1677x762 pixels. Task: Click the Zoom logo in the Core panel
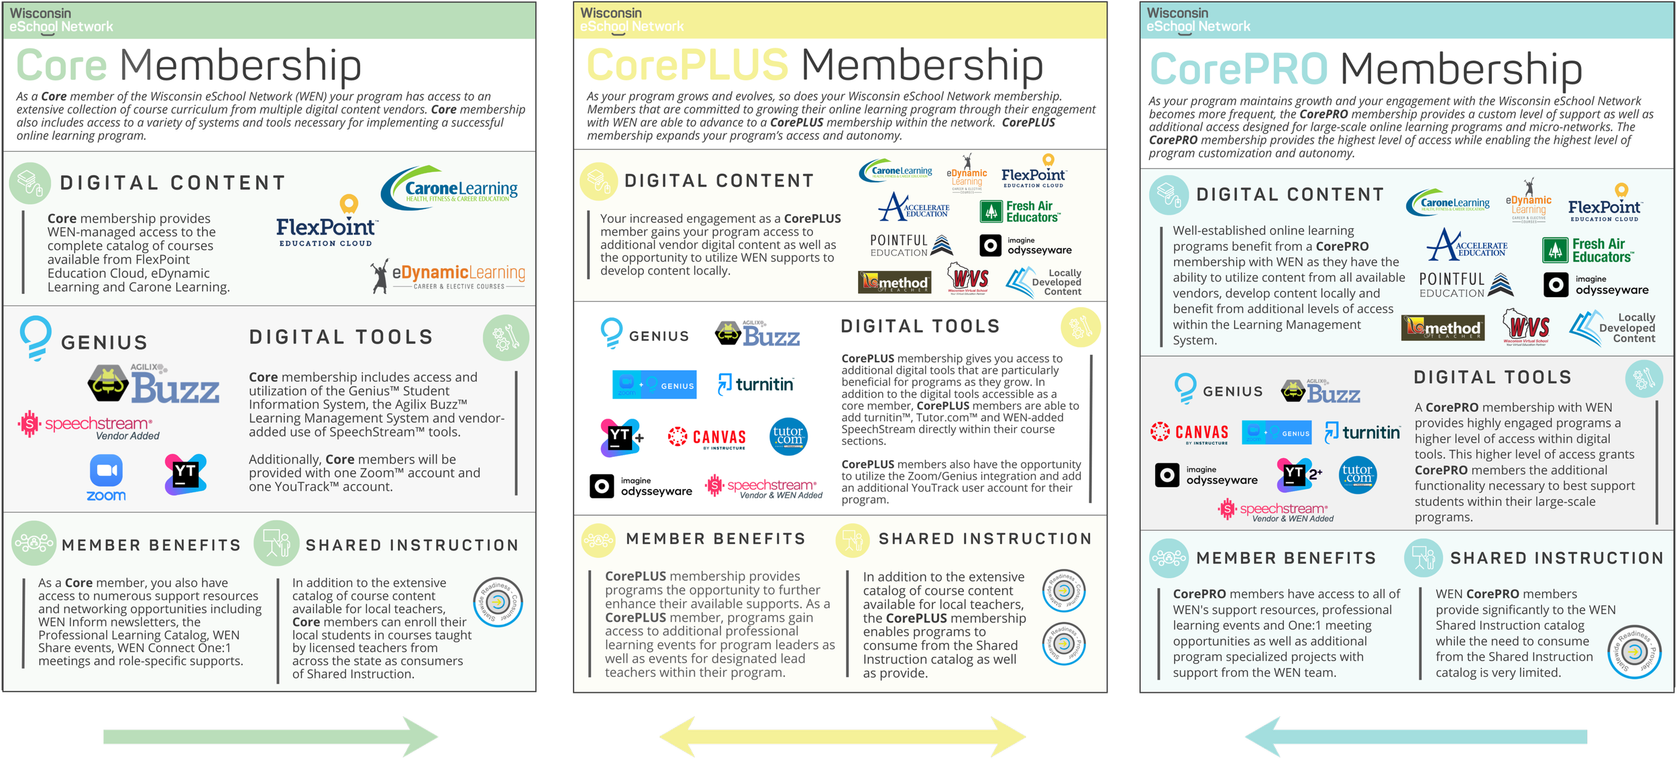tap(106, 478)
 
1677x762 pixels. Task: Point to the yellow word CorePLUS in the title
tap(688, 65)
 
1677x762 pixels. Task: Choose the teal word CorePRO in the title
tap(1239, 69)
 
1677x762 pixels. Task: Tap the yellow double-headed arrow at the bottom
tap(843, 737)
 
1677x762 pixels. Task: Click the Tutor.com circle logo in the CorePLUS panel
tap(788, 437)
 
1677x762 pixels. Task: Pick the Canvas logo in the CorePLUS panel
tap(708, 437)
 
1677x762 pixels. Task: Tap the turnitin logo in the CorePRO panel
tap(1362, 433)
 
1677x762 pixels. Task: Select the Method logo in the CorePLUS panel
tap(895, 282)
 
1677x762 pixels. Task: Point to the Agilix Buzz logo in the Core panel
tap(154, 384)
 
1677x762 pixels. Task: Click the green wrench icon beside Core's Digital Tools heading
tap(506, 337)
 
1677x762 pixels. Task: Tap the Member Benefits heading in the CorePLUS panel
tap(715, 539)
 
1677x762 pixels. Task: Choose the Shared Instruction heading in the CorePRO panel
tap(1556, 558)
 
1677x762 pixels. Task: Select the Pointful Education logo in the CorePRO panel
tap(1466, 284)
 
